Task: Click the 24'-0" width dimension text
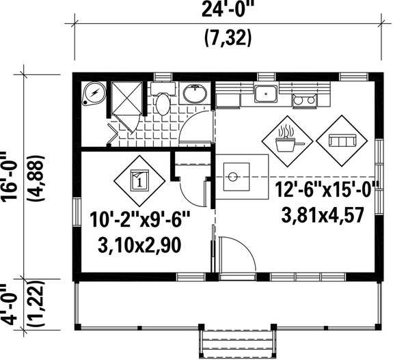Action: [x=228, y=12]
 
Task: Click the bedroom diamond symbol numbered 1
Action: [x=139, y=180]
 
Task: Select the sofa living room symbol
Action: [x=342, y=141]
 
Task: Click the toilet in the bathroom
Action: [x=162, y=103]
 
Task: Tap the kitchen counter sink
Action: [x=265, y=94]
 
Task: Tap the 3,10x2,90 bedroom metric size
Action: [x=139, y=244]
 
